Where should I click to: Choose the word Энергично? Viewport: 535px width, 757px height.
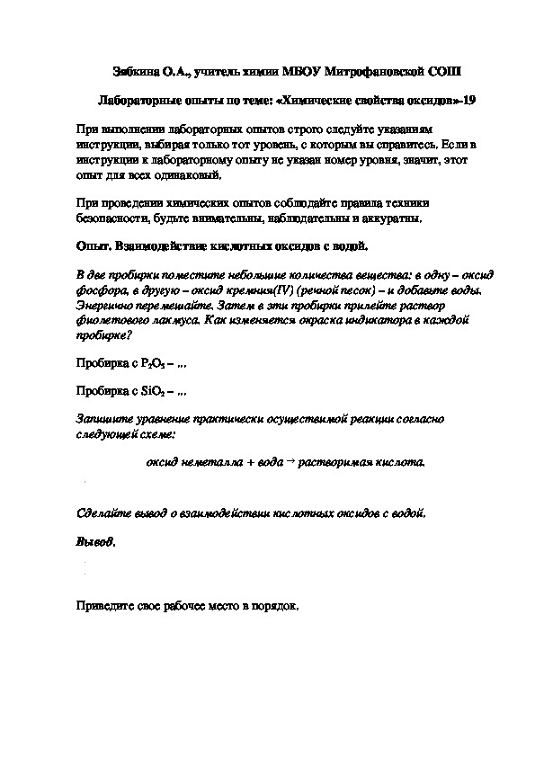tap(104, 305)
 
